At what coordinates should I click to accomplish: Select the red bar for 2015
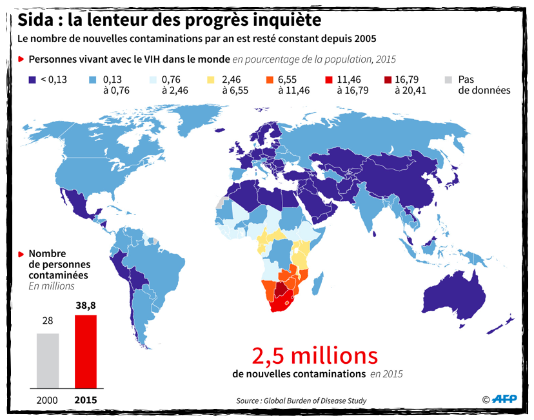click(x=86, y=352)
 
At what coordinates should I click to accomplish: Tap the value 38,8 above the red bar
click(x=86, y=306)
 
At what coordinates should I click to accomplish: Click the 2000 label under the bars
click(x=48, y=400)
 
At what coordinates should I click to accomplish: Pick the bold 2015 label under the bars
click(x=86, y=400)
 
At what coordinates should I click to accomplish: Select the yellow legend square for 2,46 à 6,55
click(x=211, y=80)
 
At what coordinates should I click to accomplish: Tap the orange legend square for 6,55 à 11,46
click(x=268, y=80)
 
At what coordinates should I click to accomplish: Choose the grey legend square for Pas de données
click(x=448, y=80)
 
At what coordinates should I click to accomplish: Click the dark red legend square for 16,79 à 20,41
click(x=387, y=80)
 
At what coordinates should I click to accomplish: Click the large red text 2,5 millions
click(x=314, y=356)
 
